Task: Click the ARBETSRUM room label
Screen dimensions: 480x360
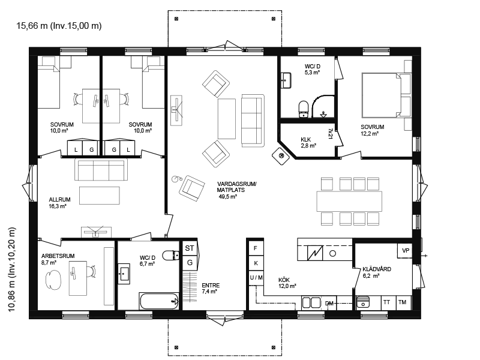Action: (x=58, y=256)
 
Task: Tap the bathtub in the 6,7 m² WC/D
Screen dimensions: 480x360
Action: (x=159, y=301)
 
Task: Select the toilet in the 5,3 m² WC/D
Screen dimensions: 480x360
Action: (x=304, y=109)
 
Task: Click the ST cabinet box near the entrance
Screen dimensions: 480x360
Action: (x=190, y=248)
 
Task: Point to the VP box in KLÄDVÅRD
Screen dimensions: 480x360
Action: (x=406, y=251)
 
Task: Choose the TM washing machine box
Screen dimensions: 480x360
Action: (x=402, y=302)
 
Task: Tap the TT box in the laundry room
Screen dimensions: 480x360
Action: (x=387, y=302)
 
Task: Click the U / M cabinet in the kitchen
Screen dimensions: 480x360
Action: (x=256, y=278)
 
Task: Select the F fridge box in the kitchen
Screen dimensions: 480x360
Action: (x=256, y=248)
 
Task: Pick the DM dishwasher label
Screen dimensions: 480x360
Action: (x=329, y=304)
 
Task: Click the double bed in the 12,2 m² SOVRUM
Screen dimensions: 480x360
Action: (x=381, y=95)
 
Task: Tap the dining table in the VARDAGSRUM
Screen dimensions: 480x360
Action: (x=349, y=201)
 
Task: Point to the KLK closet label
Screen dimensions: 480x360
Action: (x=306, y=140)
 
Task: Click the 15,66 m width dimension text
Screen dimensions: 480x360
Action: (x=59, y=26)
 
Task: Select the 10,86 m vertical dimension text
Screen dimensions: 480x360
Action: (x=11, y=269)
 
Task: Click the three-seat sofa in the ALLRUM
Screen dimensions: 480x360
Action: (x=101, y=170)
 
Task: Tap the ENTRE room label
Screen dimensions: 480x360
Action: (x=211, y=286)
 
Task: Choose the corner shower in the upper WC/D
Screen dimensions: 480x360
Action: (x=323, y=107)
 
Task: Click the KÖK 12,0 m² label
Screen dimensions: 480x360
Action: (x=287, y=283)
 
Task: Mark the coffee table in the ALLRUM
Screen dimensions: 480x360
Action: (x=100, y=196)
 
